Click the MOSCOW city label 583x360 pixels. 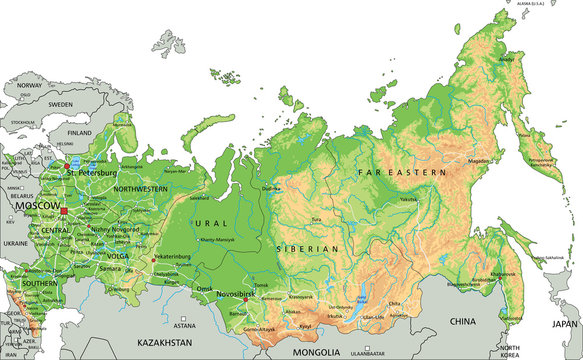coord(36,205)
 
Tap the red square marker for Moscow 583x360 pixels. coord(65,212)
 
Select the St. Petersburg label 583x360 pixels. coord(92,172)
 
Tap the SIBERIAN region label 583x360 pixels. coord(310,247)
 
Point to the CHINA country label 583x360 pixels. coord(462,321)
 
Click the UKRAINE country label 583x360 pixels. coord(15,243)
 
